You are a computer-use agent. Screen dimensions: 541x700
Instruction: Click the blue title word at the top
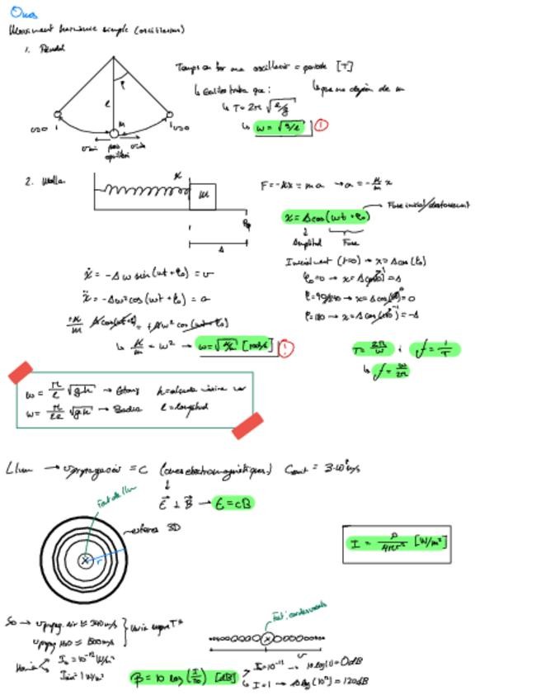pos(23,12)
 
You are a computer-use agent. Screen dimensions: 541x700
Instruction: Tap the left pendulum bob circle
pos(58,115)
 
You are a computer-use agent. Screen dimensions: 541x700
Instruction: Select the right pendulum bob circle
pos(169,116)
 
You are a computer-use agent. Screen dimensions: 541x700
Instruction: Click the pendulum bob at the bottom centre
pos(114,133)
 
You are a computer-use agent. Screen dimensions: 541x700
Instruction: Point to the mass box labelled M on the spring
pos(202,196)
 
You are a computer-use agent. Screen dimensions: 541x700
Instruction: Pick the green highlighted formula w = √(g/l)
pos(278,127)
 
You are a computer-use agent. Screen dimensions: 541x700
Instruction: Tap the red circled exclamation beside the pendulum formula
pos(321,125)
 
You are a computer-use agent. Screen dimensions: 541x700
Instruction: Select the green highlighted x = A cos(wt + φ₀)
pos(327,217)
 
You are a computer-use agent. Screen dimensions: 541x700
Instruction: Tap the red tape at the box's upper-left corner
pos(21,372)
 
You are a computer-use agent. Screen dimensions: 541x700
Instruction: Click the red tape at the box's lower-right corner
pos(247,425)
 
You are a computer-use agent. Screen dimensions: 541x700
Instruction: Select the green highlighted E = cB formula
pos(233,503)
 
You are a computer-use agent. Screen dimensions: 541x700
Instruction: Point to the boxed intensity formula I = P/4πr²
pos(397,544)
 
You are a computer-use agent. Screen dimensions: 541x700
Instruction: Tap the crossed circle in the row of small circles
pos(266,638)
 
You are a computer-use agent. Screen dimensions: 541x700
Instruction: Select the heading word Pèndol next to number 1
pos(52,49)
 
